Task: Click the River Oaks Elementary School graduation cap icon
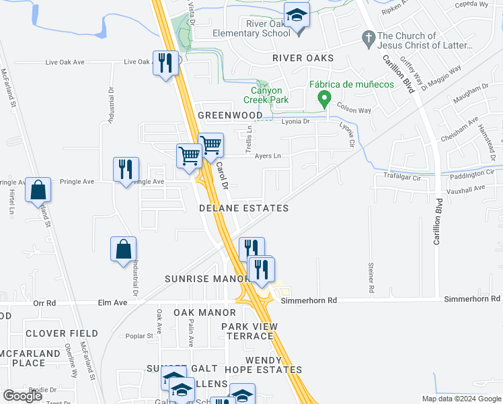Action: (296, 15)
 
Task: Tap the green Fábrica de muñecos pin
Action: (324, 100)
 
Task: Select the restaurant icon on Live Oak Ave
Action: (165, 63)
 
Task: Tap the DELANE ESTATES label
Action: (244, 209)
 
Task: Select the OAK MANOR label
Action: (204, 313)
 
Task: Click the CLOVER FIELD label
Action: (62, 333)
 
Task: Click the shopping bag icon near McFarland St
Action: (38, 190)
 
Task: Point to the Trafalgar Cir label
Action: (401, 178)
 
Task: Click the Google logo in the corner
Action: (22, 396)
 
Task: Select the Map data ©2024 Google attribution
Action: (461, 399)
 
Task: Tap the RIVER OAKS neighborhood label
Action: (303, 59)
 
